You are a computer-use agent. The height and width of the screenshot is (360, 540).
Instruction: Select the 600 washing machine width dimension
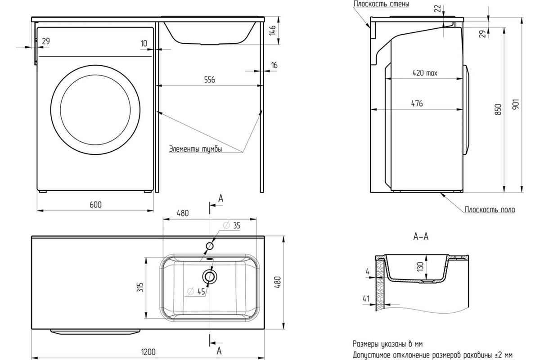(x=95, y=205)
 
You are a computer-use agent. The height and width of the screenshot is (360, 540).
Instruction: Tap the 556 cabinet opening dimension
(x=209, y=80)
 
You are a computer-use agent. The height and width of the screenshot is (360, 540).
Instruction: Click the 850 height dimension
(x=498, y=109)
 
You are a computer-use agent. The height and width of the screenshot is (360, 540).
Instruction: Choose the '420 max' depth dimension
(x=425, y=72)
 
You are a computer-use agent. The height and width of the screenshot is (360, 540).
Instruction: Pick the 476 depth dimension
(x=417, y=103)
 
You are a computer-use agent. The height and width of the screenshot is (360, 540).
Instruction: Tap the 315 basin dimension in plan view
(x=140, y=286)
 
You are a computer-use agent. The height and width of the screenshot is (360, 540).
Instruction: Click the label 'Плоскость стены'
(x=381, y=4)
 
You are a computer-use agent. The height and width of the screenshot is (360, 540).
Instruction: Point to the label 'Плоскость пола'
(x=490, y=210)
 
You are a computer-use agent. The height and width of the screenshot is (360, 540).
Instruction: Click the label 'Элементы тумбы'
(x=195, y=149)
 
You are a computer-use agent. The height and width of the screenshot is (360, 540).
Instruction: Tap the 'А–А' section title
(x=420, y=237)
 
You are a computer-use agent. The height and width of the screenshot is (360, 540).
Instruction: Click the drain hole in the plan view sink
(x=210, y=277)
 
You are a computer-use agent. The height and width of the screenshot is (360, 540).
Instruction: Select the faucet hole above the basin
(x=210, y=246)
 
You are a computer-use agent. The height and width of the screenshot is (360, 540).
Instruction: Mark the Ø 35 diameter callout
(x=232, y=225)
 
